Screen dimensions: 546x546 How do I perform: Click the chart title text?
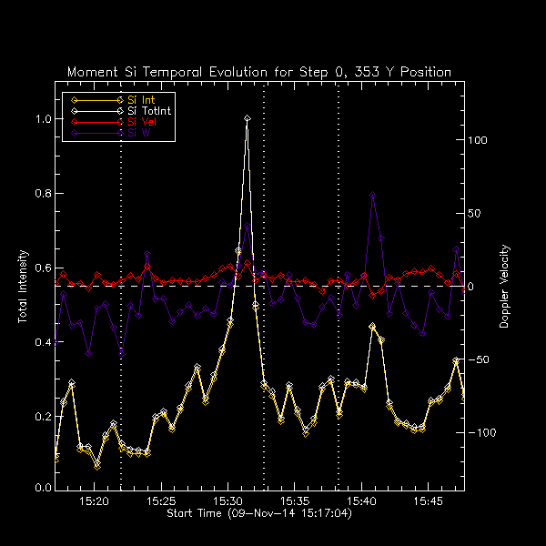[259, 72]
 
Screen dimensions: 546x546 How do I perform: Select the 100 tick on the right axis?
[479, 141]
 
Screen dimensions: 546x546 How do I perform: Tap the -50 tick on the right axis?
[480, 360]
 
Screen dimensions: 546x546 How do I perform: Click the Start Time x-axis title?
[259, 514]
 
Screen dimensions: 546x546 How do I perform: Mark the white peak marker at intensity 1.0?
[247, 118]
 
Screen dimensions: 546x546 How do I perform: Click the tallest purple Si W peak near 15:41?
[372, 195]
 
